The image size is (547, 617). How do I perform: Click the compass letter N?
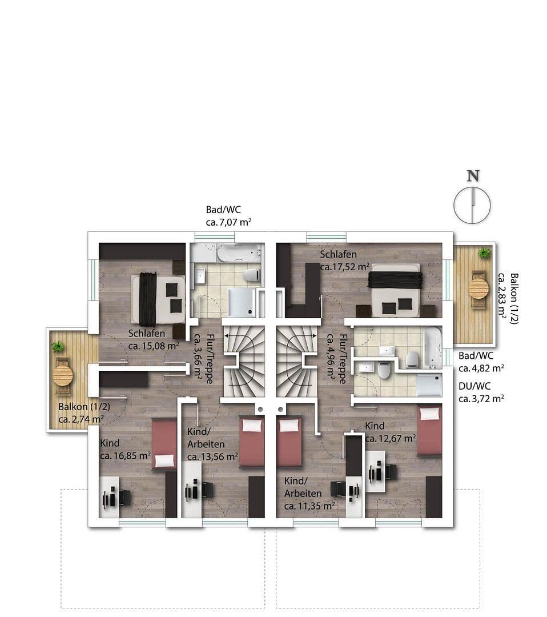[473, 176]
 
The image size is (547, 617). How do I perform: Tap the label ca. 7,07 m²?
[229, 222]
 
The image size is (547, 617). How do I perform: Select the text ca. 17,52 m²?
[345, 267]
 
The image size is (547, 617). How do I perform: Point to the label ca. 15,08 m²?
[154, 346]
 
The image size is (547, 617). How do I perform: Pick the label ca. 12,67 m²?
[390, 438]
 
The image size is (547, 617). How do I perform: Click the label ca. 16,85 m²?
[125, 455]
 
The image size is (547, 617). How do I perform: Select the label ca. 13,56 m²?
[212, 456]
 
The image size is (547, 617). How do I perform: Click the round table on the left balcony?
[63, 375]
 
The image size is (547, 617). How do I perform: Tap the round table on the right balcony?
[478, 289]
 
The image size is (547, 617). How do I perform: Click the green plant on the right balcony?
[484, 253]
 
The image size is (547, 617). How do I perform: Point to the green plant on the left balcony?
[58, 346]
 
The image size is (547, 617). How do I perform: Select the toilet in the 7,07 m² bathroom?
[252, 275]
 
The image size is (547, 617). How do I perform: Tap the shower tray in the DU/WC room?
[428, 385]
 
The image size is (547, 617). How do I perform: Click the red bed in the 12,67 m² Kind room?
[429, 430]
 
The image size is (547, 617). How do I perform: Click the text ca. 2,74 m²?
[81, 419]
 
